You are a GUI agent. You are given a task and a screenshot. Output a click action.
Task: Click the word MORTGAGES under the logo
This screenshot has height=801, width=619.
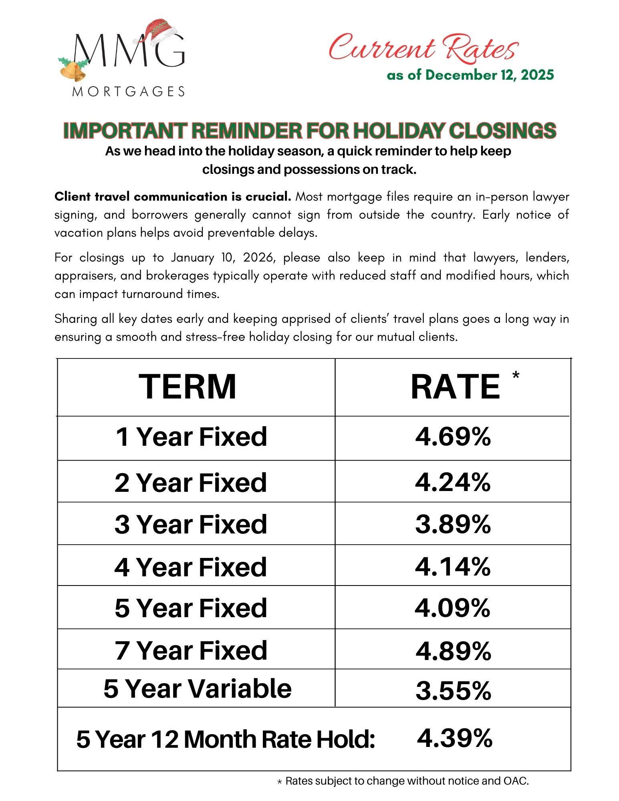128,92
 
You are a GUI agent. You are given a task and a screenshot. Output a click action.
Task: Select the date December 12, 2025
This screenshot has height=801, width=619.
489,75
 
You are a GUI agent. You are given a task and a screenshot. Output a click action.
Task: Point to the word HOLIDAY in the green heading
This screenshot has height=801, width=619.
398,131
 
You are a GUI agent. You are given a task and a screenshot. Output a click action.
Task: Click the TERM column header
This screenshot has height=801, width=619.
187,386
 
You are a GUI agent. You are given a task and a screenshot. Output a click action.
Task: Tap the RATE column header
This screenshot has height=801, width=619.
455,386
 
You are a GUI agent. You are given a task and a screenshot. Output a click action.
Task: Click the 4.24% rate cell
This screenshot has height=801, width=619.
453,482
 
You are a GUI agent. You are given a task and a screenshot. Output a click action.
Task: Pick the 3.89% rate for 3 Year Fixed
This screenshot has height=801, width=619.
453,524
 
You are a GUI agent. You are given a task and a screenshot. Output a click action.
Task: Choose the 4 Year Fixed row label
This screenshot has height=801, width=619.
190,567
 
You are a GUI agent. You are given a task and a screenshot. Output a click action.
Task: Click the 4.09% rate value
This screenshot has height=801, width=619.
452,608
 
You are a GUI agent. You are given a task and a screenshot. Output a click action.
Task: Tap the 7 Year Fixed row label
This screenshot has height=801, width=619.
191,650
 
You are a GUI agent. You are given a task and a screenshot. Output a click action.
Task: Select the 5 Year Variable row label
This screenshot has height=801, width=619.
197,688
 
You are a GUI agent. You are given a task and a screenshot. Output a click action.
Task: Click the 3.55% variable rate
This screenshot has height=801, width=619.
453,690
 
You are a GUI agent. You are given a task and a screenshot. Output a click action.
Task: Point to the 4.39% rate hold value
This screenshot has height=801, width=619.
454,738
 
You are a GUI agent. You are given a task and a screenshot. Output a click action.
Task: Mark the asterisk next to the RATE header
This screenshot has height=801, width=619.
516,375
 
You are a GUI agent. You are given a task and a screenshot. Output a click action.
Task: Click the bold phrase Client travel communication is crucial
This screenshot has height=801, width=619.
172,197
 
